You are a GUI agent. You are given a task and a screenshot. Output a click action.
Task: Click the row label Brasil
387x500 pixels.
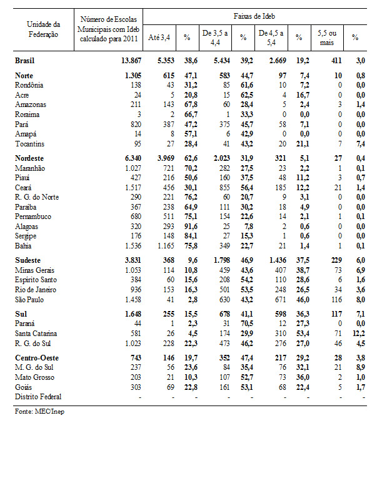(26, 60)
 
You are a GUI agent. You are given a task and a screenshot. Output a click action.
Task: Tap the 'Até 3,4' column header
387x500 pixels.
(158, 38)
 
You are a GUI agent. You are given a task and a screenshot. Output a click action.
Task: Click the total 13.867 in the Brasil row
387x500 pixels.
(124, 60)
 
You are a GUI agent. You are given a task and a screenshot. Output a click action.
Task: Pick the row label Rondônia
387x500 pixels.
(30, 84)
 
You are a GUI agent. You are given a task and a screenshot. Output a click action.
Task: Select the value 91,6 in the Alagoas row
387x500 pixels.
(186, 227)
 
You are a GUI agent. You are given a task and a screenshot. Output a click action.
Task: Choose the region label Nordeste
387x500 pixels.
(30, 159)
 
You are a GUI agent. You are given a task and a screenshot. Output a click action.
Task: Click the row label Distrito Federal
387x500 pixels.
(39, 397)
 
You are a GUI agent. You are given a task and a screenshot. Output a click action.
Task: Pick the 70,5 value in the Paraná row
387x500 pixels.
(243, 324)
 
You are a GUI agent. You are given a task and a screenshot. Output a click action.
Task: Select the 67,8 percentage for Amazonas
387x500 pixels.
(186, 105)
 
